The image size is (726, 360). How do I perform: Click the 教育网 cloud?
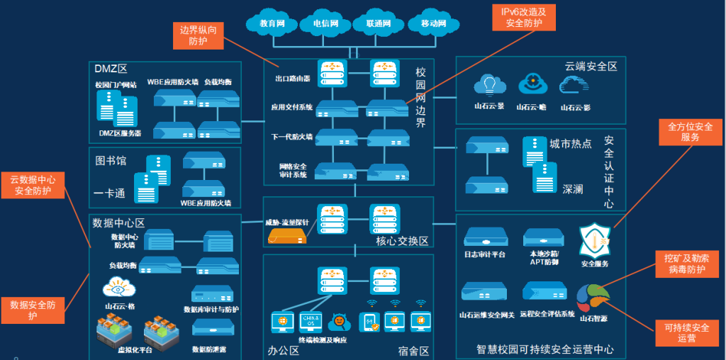(x=272, y=23)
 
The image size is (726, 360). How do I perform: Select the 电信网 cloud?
(x=326, y=23)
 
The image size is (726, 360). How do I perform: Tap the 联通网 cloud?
(x=379, y=23)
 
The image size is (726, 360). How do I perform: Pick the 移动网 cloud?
(x=433, y=23)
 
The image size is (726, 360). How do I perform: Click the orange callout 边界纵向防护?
(x=199, y=35)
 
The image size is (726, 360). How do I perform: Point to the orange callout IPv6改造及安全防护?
(x=524, y=18)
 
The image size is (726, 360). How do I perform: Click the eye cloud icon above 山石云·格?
(x=116, y=288)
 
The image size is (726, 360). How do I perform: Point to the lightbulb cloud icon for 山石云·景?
(x=489, y=85)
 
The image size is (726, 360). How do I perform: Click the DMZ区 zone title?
(x=110, y=69)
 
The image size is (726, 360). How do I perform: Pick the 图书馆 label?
(x=110, y=161)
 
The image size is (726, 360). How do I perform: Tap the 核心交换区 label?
(x=402, y=241)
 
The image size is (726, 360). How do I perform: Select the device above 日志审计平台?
(x=484, y=237)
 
